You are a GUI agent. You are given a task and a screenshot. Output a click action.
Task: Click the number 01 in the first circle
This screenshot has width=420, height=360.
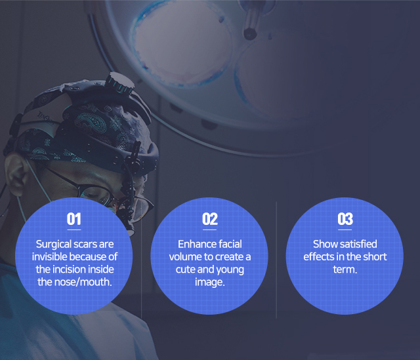pyautogui.click(x=74, y=219)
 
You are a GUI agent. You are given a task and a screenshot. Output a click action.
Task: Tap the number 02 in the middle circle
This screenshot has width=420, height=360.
pyautogui.click(x=210, y=219)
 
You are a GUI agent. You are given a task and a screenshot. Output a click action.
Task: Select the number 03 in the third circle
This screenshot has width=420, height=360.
pyautogui.click(x=345, y=219)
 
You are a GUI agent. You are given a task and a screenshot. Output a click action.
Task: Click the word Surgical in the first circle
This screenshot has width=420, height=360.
pyautogui.click(x=54, y=245)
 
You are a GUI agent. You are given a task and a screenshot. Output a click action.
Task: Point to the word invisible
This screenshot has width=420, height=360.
pyautogui.click(x=48, y=256)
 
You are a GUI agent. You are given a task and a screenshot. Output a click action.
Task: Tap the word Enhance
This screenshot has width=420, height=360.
pyautogui.click(x=197, y=244)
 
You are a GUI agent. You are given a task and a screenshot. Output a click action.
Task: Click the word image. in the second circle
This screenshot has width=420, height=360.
pyautogui.click(x=210, y=283)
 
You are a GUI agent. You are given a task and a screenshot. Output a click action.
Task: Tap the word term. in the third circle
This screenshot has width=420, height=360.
pyautogui.click(x=345, y=270)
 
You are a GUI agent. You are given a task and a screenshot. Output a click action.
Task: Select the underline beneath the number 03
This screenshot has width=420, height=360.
pyautogui.click(x=345, y=230)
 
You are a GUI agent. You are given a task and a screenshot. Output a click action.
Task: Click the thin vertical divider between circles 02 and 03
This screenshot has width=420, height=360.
pyautogui.click(x=276, y=260)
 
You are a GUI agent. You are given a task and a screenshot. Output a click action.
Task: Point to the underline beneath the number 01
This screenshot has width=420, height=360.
pyautogui.click(x=74, y=230)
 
